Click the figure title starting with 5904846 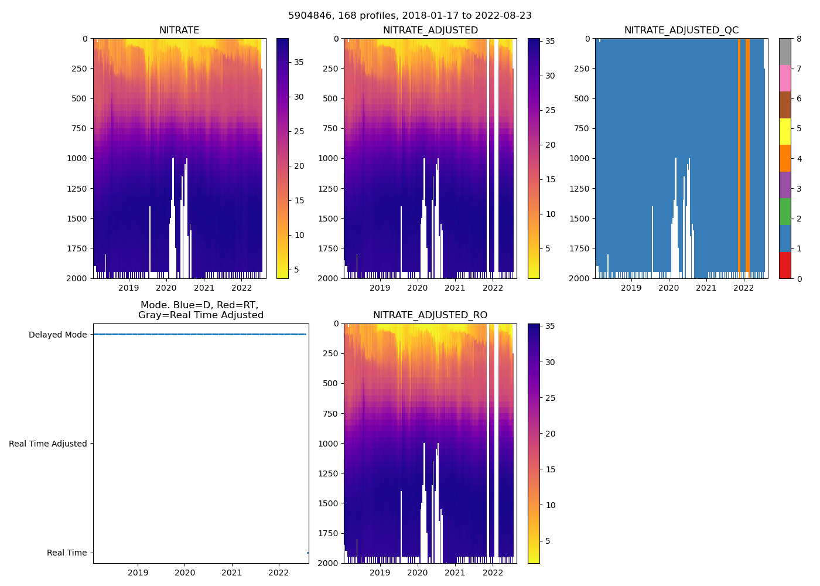410,16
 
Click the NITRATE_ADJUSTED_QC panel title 681,30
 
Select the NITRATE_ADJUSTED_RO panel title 430,315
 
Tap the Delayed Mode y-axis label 57,335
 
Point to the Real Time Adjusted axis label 47,444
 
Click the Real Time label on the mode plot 67,553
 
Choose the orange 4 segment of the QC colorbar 785,158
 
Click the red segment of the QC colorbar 785,265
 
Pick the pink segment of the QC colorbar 785,78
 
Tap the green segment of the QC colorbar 785,212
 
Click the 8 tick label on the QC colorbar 798,39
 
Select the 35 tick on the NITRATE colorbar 299,63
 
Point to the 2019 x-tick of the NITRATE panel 129,288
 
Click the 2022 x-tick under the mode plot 279,573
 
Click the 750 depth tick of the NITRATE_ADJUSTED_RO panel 331,413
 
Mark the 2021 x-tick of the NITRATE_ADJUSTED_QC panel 706,288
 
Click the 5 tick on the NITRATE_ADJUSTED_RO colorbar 548,541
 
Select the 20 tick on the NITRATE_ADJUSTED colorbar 550,145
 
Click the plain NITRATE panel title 179,30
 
